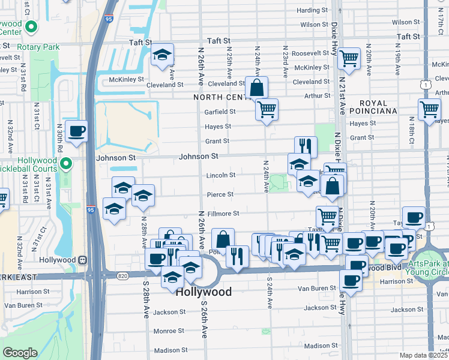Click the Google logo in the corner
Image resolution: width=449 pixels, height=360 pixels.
pyautogui.click(x=20, y=353)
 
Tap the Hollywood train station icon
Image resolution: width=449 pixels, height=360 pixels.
pyautogui.click(x=83, y=260)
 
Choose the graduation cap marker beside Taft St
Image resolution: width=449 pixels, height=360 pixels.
pyautogui.click(x=162, y=55)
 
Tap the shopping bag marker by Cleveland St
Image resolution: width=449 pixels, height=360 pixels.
pyautogui.click(x=256, y=87)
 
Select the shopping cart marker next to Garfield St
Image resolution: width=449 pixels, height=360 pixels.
pyautogui.click(x=267, y=109)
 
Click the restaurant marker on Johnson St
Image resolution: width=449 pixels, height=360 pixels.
pyautogui.click(x=306, y=146)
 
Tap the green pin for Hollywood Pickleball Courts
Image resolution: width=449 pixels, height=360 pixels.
pyautogui.click(x=67, y=162)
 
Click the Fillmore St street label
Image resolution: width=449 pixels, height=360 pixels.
pyautogui.click(x=223, y=213)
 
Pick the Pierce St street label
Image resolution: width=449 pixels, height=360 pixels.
pyautogui.click(x=220, y=194)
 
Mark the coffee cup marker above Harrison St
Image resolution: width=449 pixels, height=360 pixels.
pyautogui.click(x=351, y=279)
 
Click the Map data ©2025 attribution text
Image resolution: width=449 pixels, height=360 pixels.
pyautogui.click(x=423, y=355)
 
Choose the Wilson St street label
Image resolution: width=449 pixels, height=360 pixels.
pyautogui.click(x=314, y=25)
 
